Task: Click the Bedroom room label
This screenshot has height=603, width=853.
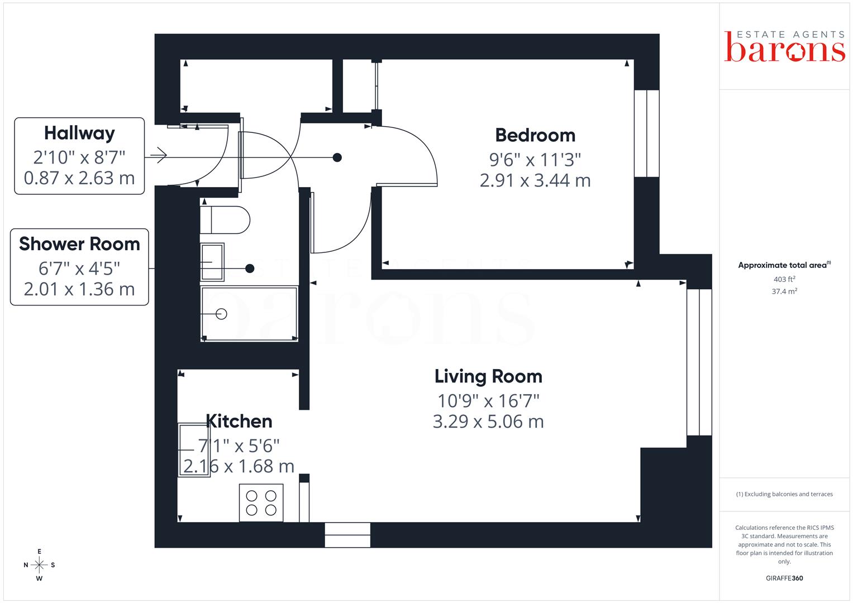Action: (535, 136)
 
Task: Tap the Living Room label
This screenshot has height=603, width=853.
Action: (488, 376)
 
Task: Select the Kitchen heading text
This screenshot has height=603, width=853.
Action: (239, 422)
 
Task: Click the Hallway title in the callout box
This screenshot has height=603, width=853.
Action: (79, 133)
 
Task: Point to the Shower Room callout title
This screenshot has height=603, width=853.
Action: (79, 244)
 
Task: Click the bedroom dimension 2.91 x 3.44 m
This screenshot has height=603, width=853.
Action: (535, 180)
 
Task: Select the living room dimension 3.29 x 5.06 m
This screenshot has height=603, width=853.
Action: (488, 422)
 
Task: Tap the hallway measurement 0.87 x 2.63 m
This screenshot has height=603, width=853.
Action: (79, 178)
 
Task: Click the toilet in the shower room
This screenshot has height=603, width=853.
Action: (225, 220)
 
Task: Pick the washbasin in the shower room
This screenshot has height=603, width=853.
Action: (212, 262)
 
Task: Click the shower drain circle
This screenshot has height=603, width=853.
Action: (221, 314)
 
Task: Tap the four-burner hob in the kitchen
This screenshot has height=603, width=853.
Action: (261, 503)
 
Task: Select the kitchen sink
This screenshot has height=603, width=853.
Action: (194, 450)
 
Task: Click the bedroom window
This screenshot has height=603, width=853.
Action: (647, 133)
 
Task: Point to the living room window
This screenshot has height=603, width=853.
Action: (699, 362)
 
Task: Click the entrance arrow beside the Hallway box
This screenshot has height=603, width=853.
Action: (159, 155)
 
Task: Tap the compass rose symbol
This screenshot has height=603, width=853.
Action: (39, 565)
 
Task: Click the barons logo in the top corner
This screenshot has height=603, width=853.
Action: (784, 46)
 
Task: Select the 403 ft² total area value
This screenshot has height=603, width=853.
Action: (784, 279)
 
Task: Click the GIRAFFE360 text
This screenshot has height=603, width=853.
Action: (784, 578)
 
